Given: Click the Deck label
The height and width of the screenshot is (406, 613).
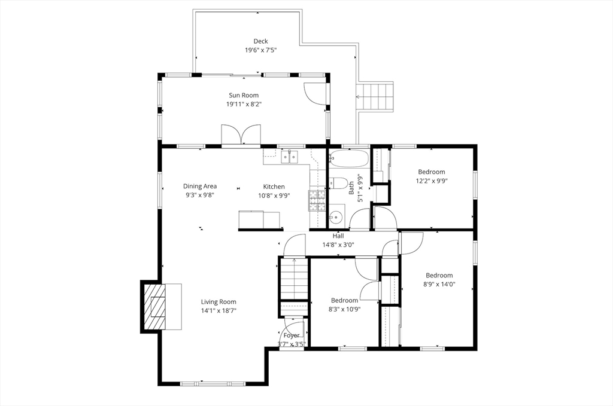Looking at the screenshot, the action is tap(261, 41).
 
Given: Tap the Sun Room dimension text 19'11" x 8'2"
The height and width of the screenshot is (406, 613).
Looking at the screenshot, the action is tap(244, 104).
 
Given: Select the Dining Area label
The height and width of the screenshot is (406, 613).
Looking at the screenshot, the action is tap(200, 186).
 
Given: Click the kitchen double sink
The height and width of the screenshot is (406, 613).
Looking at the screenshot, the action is tap(289, 157).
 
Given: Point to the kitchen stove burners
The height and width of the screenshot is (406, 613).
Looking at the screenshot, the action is tap(317, 201).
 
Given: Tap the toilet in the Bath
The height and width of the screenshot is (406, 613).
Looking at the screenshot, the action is tap(339, 183).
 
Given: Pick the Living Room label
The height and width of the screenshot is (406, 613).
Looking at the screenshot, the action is tap(219, 301).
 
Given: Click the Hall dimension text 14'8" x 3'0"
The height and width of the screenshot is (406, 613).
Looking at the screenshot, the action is tap(338, 245).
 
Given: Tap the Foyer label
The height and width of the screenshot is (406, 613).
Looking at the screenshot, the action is tap(292, 335).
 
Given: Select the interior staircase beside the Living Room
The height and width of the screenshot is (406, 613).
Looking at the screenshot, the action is tap(295, 279).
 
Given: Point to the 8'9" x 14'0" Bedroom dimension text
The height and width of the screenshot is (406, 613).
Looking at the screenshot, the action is tap(439, 284).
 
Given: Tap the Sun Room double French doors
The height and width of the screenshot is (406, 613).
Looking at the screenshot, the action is tap(241, 135).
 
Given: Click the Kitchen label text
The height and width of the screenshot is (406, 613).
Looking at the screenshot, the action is tap(274, 187).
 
